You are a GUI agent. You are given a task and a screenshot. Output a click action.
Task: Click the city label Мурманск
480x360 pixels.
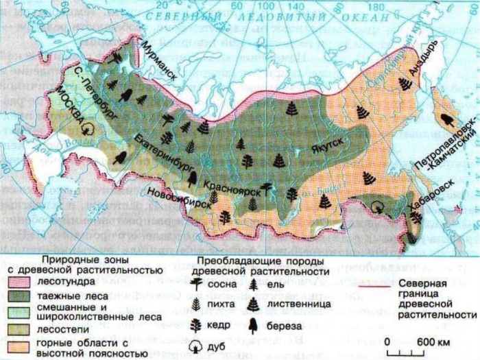(159, 61)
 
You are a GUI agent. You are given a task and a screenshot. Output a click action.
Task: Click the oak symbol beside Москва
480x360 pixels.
(88, 127)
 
